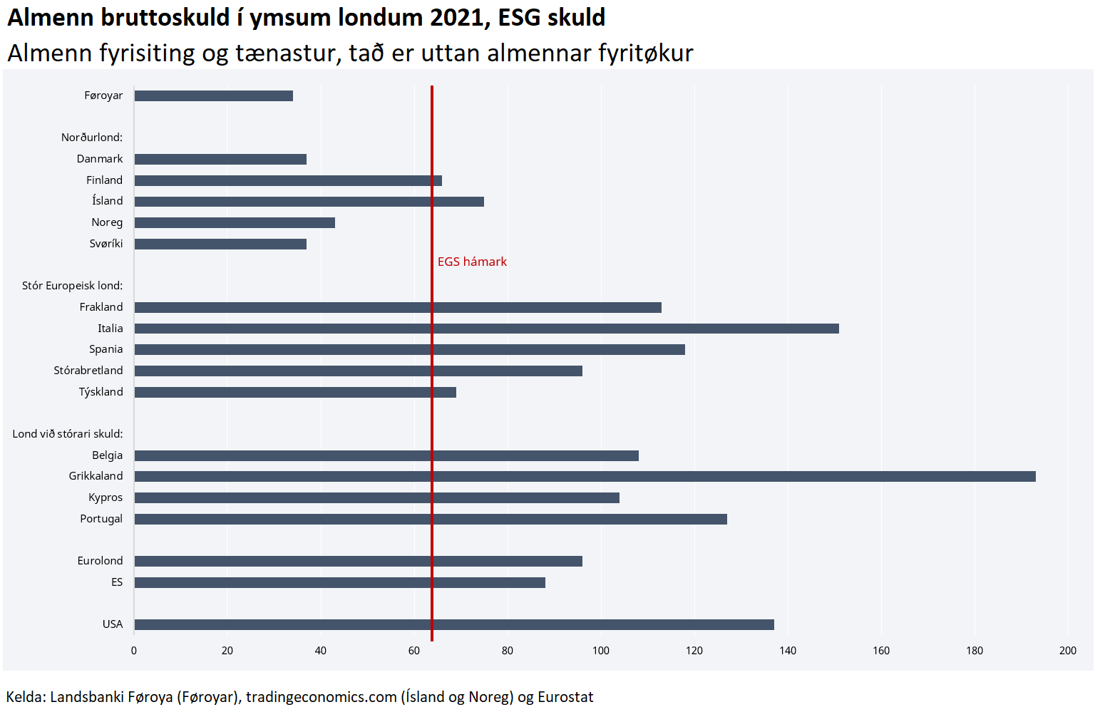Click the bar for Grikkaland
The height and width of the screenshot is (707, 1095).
tap(585, 476)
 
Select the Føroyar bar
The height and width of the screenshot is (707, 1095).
tap(214, 96)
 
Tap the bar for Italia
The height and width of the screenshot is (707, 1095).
tap(486, 329)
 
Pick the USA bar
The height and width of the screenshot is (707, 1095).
tap(454, 624)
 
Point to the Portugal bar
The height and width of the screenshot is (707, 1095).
tap(431, 519)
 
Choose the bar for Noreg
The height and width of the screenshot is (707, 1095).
tap(235, 222)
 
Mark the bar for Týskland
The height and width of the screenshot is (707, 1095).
tap(295, 392)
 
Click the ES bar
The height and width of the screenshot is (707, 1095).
tap(339, 582)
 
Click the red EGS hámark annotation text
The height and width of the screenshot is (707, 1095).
tap(472, 262)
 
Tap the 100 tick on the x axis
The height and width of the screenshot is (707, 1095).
tap(601, 650)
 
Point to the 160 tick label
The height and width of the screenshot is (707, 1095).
tap(881, 650)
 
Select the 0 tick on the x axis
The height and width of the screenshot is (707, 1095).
tap(134, 650)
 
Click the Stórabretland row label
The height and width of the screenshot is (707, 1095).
tap(88, 371)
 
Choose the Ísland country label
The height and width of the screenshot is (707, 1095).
tap(107, 201)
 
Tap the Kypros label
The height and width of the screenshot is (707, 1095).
tap(106, 497)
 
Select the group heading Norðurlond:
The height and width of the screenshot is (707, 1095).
tap(92, 138)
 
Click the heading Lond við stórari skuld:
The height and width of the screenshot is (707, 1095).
tap(68, 434)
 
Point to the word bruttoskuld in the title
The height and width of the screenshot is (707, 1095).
tap(165, 17)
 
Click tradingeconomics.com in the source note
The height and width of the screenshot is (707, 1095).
tap(322, 697)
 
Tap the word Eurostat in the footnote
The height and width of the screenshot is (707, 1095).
tap(565, 697)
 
